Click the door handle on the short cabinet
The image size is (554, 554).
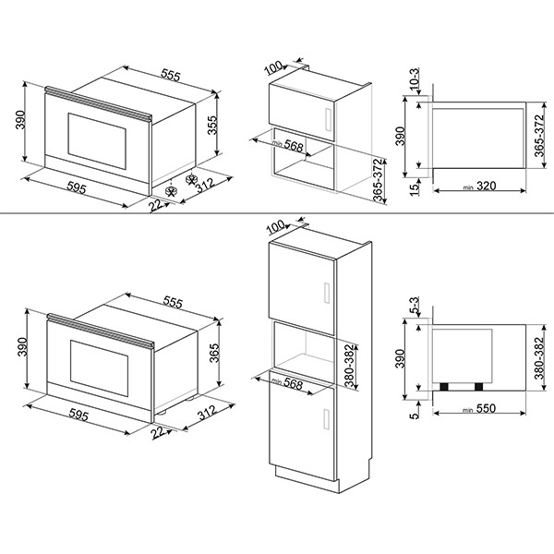330,117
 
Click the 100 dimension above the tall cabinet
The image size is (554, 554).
277,226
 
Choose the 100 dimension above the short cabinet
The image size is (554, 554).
277,66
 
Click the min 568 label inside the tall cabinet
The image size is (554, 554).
287,382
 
